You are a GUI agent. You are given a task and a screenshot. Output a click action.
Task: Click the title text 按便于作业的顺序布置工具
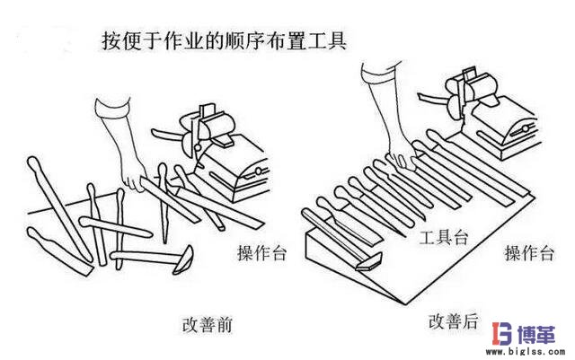tap(220, 40)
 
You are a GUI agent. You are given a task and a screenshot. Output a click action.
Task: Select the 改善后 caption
tap(453, 320)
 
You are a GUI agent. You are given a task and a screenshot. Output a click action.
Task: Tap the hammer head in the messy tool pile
tap(181, 261)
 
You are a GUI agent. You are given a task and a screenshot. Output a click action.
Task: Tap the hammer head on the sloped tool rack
tap(366, 263)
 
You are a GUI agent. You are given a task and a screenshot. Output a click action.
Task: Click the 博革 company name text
tap(539, 333)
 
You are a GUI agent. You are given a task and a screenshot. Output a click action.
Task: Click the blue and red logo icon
tap(502, 336)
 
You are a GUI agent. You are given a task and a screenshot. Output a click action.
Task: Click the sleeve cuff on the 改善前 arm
tap(108, 111)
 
